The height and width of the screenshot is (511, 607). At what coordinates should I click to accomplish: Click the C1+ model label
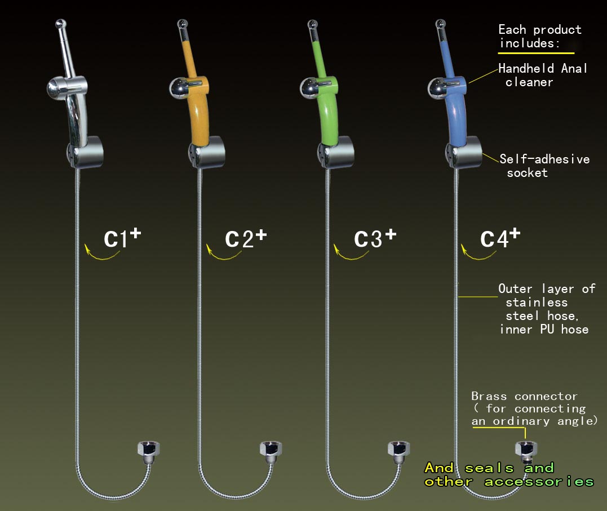click(x=122, y=238)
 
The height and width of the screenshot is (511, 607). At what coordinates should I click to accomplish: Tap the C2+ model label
click(x=246, y=238)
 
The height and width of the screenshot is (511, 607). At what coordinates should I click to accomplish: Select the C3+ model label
click(x=375, y=238)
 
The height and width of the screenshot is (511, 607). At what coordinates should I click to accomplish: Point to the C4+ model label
click(x=500, y=238)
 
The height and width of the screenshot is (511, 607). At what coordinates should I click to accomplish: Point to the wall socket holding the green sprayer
click(x=336, y=153)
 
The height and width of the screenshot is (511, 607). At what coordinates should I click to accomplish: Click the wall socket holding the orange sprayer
click(x=207, y=153)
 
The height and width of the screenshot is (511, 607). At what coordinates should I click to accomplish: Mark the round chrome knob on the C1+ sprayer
click(x=55, y=88)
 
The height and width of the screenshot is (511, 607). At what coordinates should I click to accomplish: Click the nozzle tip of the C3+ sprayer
click(x=312, y=24)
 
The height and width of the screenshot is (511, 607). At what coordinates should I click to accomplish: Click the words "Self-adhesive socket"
click(x=544, y=166)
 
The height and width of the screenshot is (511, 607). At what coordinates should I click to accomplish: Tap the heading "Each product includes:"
click(x=540, y=37)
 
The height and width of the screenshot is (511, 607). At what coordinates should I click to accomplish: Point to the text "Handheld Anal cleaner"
click(x=543, y=75)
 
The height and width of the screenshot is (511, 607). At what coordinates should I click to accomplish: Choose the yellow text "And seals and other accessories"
click(x=509, y=474)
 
